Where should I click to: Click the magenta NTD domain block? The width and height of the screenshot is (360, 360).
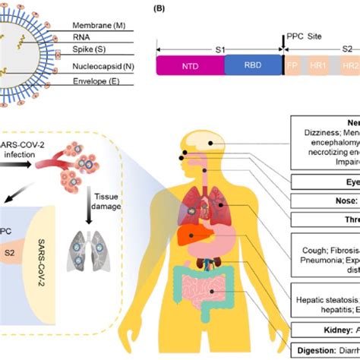pos(190,65)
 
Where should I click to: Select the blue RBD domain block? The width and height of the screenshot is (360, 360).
pos(253,65)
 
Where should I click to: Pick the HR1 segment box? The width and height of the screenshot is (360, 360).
pos(318,65)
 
